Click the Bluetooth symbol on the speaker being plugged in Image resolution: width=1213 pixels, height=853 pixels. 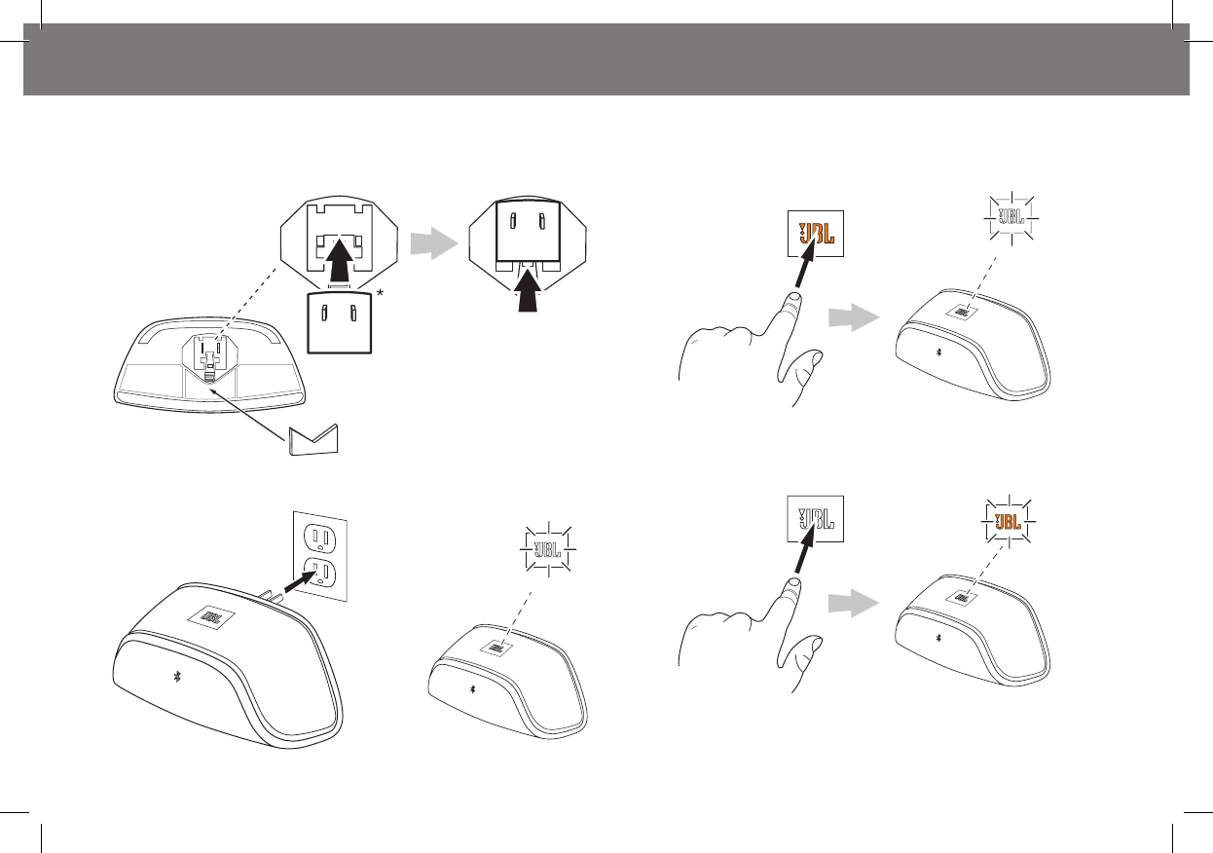click(x=176, y=677)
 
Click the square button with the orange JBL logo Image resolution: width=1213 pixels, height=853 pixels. click(x=815, y=234)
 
